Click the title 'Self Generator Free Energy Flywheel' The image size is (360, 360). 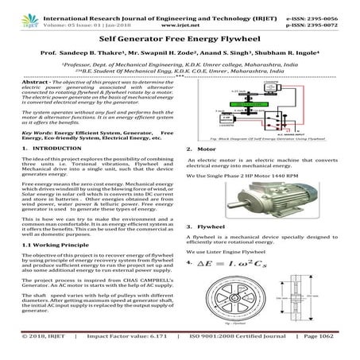[x=180, y=37]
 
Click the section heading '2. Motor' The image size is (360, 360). [x=199, y=149]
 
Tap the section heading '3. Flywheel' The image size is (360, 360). [x=203, y=226]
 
